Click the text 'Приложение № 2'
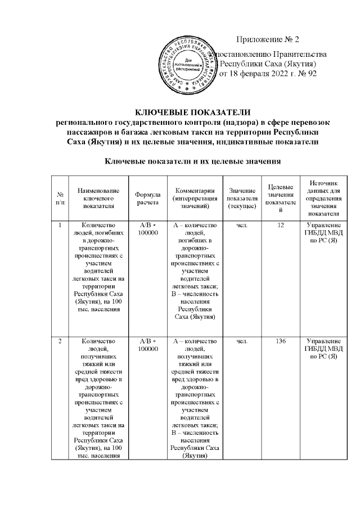[x=269, y=39]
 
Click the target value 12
[x=280, y=226]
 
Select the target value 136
[x=280, y=341]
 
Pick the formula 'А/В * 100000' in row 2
[x=148, y=345]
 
